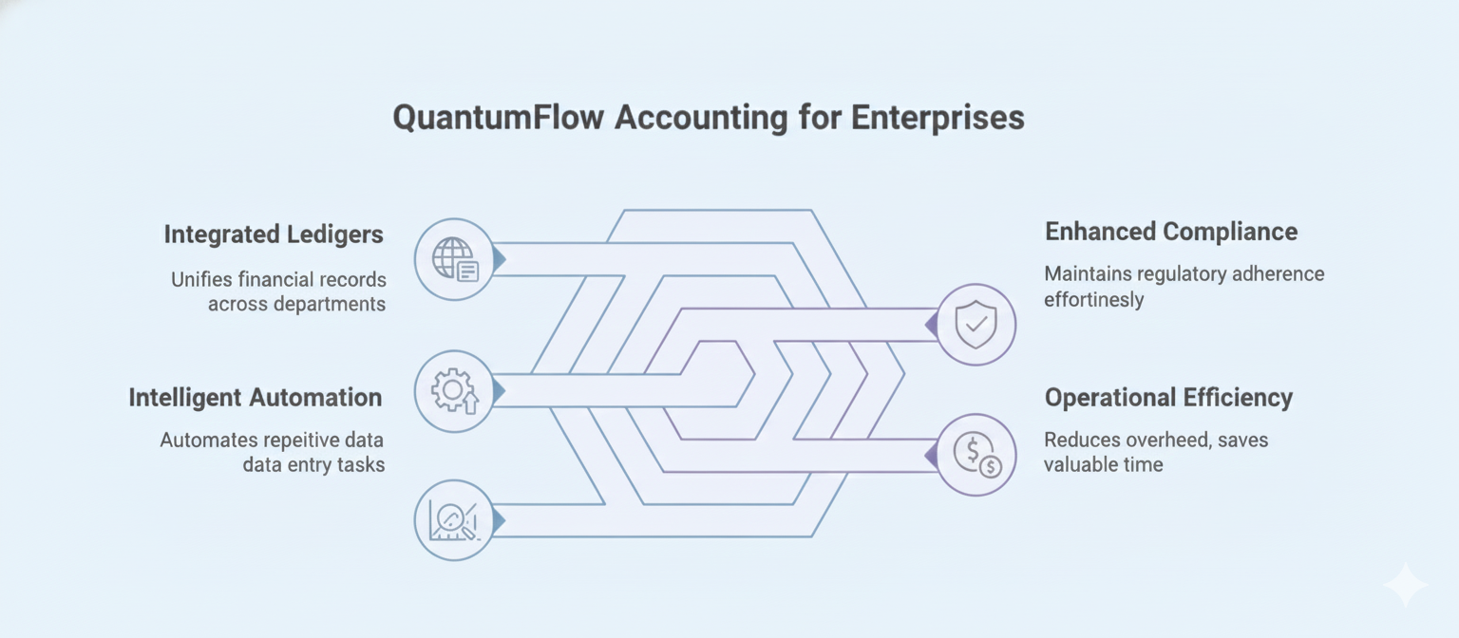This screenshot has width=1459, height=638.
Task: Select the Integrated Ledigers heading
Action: click(x=274, y=235)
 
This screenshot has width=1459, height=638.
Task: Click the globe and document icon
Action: click(x=455, y=259)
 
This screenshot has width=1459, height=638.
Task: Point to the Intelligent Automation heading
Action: click(x=256, y=398)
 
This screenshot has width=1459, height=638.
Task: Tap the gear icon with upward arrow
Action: click(x=455, y=391)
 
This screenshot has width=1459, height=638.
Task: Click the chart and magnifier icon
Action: click(x=454, y=520)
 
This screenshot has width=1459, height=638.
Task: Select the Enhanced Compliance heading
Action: click(x=1170, y=232)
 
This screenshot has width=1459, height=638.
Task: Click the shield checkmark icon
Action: click(x=976, y=325)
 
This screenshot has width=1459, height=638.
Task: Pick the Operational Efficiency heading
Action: click(x=1168, y=398)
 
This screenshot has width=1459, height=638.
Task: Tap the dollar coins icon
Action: click(x=976, y=455)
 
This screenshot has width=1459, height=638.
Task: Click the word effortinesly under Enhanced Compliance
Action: click(x=1094, y=300)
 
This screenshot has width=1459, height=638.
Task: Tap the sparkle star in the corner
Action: click(x=1405, y=585)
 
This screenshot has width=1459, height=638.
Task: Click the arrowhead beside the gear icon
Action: click(x=499, y=390)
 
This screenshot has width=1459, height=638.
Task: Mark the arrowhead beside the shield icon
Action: click(x=931, y=325)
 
